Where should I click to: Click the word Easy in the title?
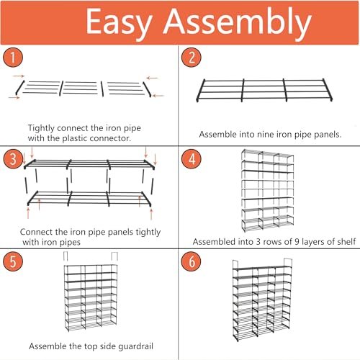pos(120,23)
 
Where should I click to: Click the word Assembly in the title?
pos(238,23)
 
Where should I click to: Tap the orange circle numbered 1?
pos(13,58)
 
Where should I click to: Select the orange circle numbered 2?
pos(192,58)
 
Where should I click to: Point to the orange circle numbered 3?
pos(13,158)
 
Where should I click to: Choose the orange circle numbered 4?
pos(192,158)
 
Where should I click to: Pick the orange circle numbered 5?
pos(13,261)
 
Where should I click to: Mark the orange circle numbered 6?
pos(192,261)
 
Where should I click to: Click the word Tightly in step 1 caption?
pos(41,128)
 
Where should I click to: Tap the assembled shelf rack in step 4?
pos(268,190)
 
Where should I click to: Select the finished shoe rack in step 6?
pos(262,300)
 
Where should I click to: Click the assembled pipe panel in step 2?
pos(264,90)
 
